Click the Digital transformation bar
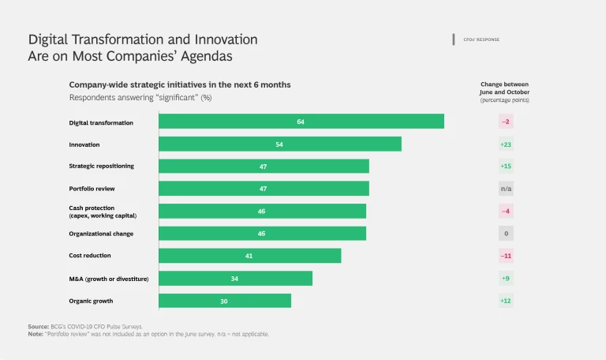point(301,122)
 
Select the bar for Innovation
point(279,144)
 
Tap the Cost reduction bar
point(249,256)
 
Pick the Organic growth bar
point(225,301)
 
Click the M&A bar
point(235,278)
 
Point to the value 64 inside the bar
point(301,122)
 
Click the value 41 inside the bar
point(249,256)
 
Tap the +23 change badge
point(506,144)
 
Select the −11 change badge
point(506,256)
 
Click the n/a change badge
point(506,189)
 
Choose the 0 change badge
point(506,234)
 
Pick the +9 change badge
point(506,278)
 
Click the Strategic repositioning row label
point(101,167)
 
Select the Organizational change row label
point(101,234)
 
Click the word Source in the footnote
point(38,326)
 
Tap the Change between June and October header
point(505,88)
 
